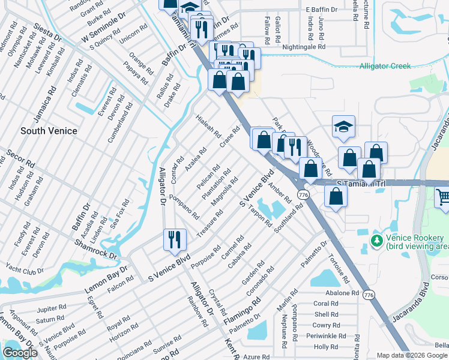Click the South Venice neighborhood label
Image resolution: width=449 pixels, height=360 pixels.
pyautogui.click(x=49, y=131)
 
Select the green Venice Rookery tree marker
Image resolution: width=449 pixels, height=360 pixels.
pyautogui.click(x=376, y=241)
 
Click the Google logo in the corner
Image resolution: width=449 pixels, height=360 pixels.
pyautogui.click(x=19, y=353)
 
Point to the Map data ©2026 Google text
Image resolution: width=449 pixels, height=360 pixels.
pyautogui.click(x=412, y=355)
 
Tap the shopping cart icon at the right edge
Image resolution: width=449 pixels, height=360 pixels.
pyautogui.click(x=443, y=197)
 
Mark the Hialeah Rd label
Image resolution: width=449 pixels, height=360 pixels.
pyautogui.click(x=208, y=126)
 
